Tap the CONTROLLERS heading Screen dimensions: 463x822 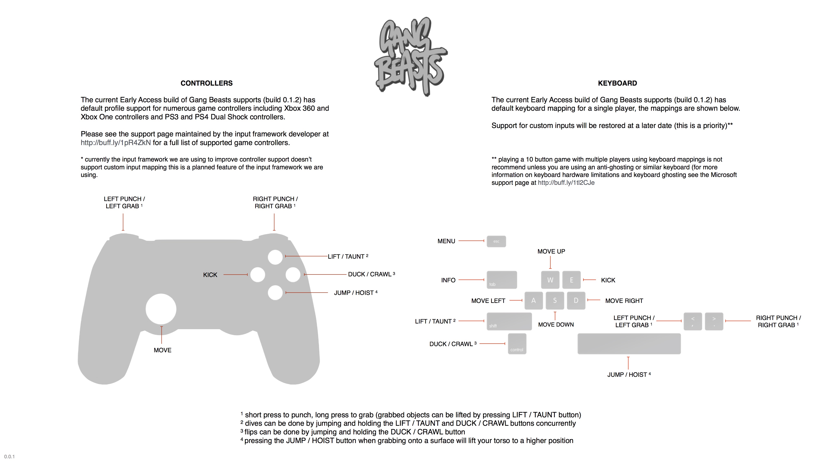click(x=207, y=83)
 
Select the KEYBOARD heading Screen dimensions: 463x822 click(x=617, y=83)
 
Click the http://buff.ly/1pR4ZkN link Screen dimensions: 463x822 click(x=115, y=143)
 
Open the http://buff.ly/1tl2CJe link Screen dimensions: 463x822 click(x=566, y=183)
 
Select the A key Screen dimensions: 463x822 click(x=533, y=300)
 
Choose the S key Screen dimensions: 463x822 click(x=555, y=300)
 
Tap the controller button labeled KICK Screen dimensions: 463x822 click(x=257, y=275)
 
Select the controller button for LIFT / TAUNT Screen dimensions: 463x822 click(x=275, y=257)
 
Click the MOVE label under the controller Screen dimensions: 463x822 click(x=162, y=350)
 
